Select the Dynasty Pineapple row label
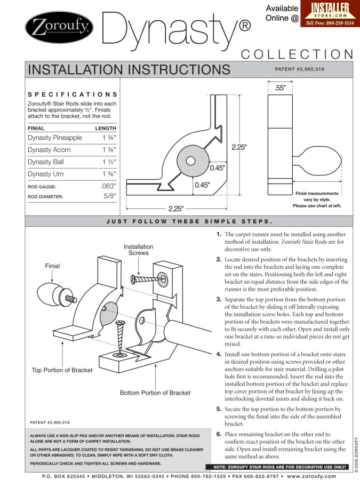[55, 138]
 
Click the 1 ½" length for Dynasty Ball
[109, 162]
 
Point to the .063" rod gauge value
[108, 187]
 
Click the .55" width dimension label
[280, 88]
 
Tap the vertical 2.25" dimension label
[239, 147]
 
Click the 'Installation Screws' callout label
[139, 250]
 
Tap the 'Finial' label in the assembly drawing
[52, 266]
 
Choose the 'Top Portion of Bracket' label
[62, 370]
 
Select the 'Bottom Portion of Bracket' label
[155, 393]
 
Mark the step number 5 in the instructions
[219, 409]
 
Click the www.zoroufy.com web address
[311, 476]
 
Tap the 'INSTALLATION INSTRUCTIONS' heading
[129, 70]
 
